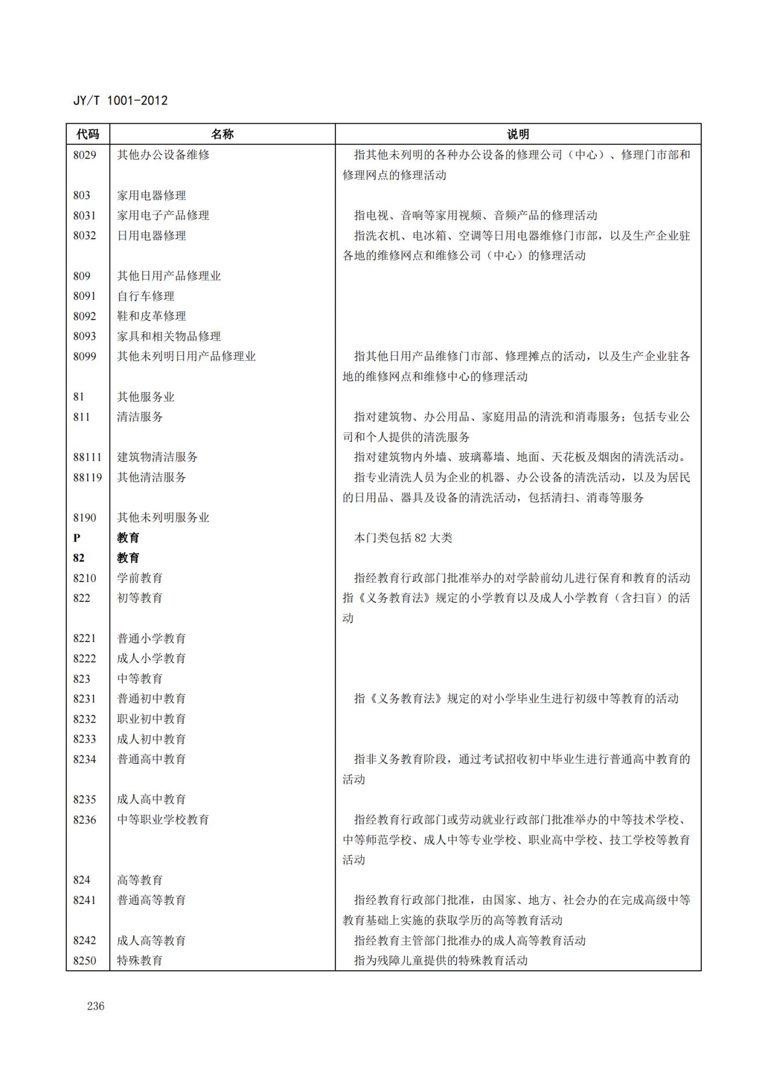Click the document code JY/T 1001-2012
tap(120, 101)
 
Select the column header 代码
tap(88, 134)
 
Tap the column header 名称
tap(222, 134)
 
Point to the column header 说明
tap(518, 134)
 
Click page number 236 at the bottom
tap(96, 1006)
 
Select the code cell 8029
tap(85, 155)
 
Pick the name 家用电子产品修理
tap(163, 216)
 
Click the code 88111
tap(87, 457)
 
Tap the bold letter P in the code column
tap(77, 538)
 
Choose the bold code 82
tap(79, 558)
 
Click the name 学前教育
tap(140, 578)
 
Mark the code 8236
tap(85, 820)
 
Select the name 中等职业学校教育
tap(163, 820)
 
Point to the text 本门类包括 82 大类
tap(403, 538)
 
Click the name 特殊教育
tap(140, 960)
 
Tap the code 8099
tap(85, 357)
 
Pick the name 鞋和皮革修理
tap(152, 316)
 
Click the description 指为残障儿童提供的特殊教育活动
tap(441, 960)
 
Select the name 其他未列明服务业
tap(163, 518)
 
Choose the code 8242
tap(85, 941)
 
